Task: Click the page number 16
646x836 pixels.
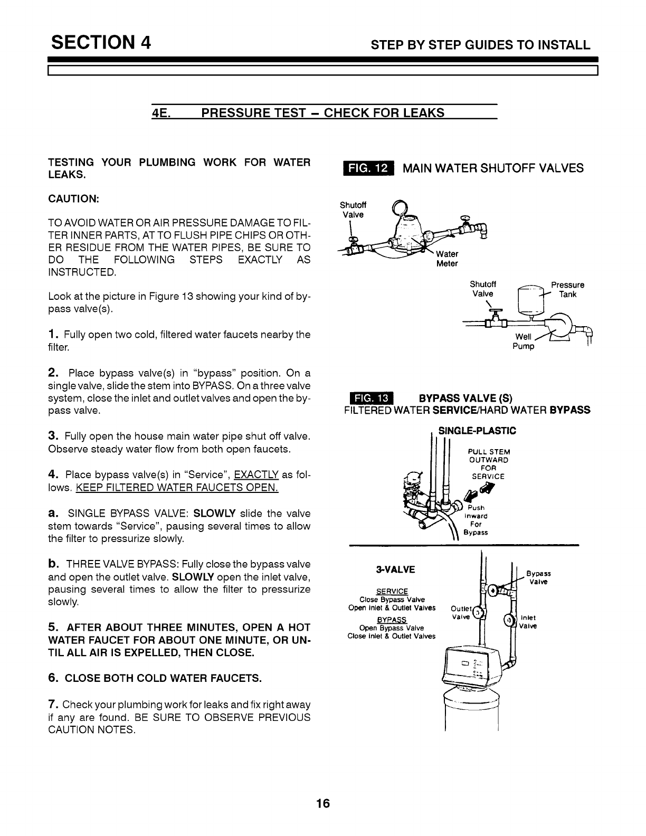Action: point(322,804)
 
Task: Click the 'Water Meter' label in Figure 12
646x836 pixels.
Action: point(447,259)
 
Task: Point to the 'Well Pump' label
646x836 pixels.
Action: point(524,341)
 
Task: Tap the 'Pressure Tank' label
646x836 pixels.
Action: point(567,290)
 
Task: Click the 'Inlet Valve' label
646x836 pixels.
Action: point(528,621)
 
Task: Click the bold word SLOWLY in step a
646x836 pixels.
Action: point(214,514)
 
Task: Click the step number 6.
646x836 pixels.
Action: point(53,677)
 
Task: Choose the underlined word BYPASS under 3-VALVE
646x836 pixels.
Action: point(392,620)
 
